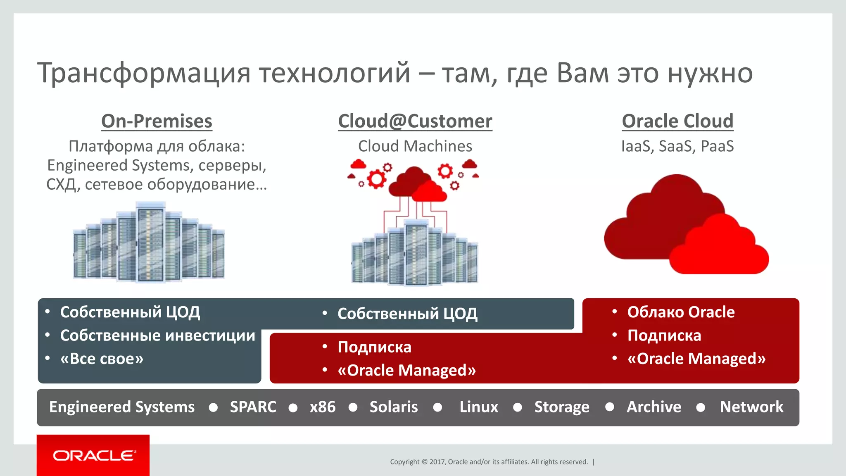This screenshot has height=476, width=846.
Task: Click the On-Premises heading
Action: click(x=157, y=121)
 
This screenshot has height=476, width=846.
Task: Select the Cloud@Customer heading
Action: click(x=415, y=121)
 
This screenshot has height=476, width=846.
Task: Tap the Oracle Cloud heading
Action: click(x=677, y=121)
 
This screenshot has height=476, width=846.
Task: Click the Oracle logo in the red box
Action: click(x=94, y=455)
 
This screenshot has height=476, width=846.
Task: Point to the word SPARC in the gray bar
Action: click(x=253, y=407)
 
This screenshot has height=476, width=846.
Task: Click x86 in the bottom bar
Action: click(x=323, y=407)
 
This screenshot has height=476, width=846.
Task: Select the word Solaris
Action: click(x=393, y=407)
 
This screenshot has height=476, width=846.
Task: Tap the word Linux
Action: click(x=479, y=407)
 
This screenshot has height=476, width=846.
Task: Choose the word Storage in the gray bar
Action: click(x=562, y=407)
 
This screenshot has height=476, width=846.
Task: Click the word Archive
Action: click(x=654, y=407)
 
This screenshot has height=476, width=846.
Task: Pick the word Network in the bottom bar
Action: click(x=751, y=407)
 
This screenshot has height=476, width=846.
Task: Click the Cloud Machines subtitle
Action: click(x=415, y=146)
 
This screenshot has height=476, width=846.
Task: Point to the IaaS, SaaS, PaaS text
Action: click(x=677, y=146)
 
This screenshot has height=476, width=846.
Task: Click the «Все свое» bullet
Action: click(x=102, y=359)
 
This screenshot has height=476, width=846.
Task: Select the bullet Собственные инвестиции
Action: click(x=157, y=336)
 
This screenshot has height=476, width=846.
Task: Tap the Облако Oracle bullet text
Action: click(x=681, y=312)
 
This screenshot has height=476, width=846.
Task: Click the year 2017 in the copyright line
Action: click(x=437, y=462)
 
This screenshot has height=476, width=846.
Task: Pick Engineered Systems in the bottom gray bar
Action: click(x=122, y=407)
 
